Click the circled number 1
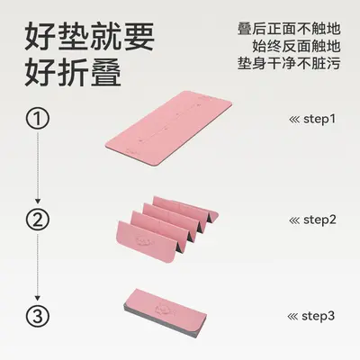coord(37,119)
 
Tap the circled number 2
coord(37,220)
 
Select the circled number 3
coord(37,316)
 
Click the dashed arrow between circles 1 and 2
coord(38,167)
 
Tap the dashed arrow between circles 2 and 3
coord(38,267)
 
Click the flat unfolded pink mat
coord(168,128)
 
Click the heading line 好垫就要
coord(89,37)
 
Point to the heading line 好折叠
coord(73,72)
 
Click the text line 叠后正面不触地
coord(289,29)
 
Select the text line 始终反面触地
coord(296,46)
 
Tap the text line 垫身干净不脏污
coord(289,63)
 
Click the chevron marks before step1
coord(294,120)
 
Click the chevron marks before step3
coord(292,317)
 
